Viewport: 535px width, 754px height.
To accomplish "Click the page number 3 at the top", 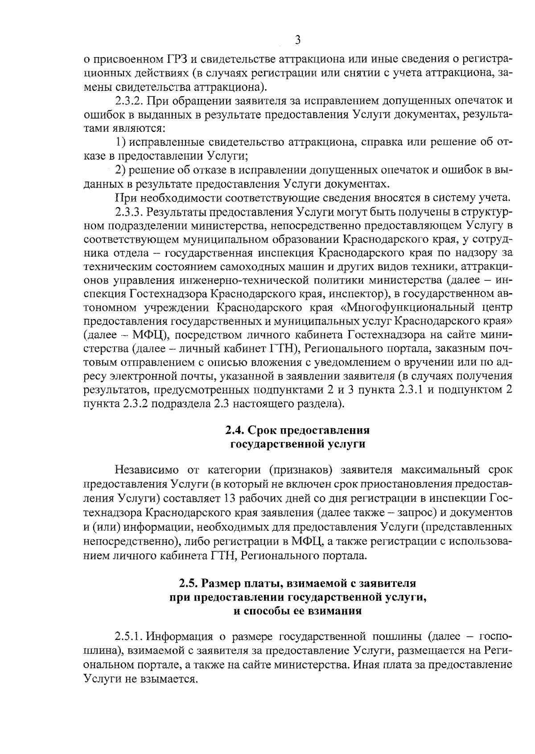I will click(x=298, y=41).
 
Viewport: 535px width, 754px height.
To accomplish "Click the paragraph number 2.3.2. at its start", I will click(x=130, y=100).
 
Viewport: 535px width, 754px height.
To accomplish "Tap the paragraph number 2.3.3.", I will click(x=130, y=211).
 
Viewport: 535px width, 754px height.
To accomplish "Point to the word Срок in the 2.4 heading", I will click(x=263, y=430).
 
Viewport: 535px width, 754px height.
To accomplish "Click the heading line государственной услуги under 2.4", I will click(x=297, y=444).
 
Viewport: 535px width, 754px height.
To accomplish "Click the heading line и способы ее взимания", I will click(x=297, y=611).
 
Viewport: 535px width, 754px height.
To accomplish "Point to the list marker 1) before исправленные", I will click(x=120, y=142).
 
